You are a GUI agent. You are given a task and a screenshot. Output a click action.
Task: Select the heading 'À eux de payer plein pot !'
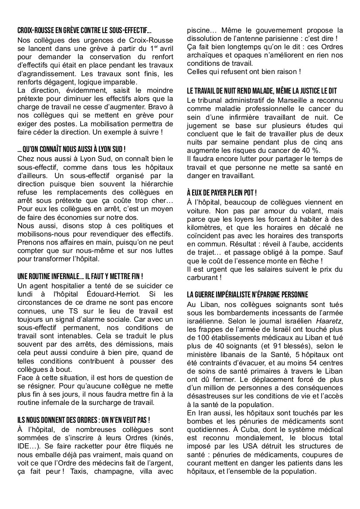(x=221, y=192)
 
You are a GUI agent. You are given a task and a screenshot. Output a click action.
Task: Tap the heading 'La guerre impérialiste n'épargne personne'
(x=247, y=294)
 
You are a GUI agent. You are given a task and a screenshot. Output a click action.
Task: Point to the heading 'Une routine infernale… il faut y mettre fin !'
(x=81, y=276)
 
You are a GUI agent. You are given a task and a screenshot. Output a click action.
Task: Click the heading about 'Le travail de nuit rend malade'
(x=262, y=91)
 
